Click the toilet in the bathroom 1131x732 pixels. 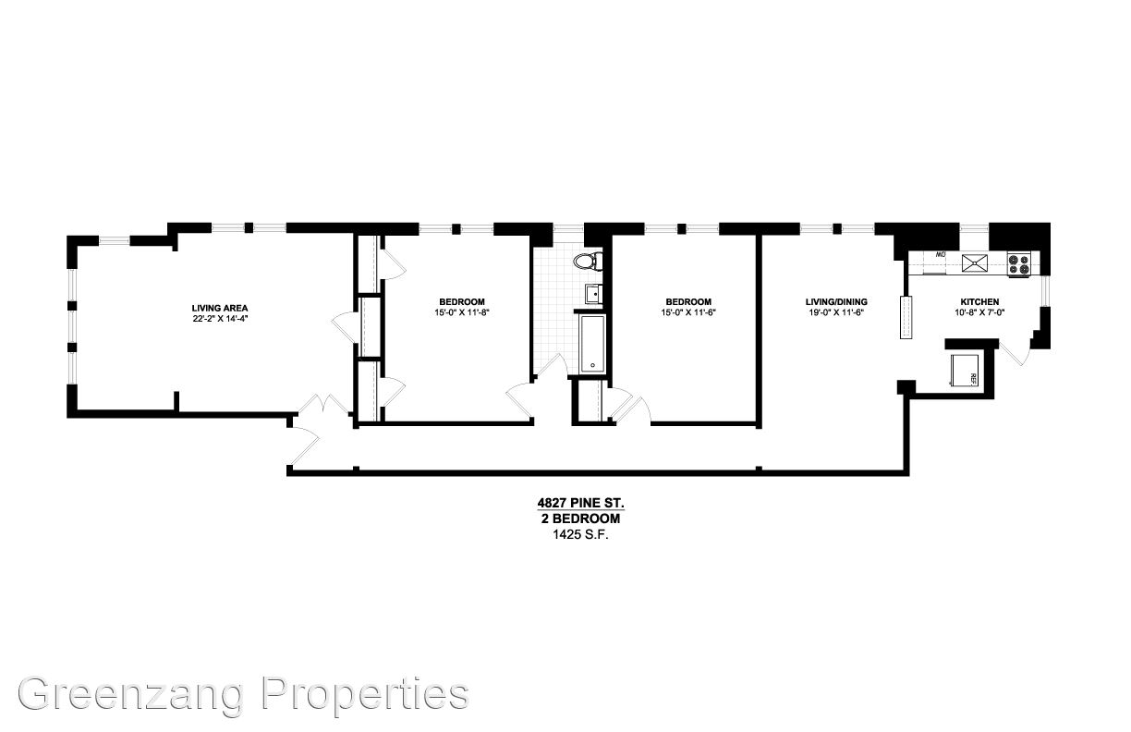[x=588, y=262]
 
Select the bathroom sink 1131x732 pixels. [x=594, y=293]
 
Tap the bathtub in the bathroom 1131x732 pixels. [x=591, y=344]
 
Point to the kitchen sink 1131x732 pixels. [x=974, y=263]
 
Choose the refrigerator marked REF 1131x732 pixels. [x=965, y=370]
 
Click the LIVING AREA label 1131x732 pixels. [x=220, y=308]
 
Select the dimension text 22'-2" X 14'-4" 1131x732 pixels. [x=221, y=319]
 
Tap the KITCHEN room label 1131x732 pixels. [x=979, y=302]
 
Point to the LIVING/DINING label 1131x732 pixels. [x=836, y=302]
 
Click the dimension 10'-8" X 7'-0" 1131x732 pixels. [x=979, y=312]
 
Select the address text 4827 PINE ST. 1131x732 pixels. [x=581, y=503]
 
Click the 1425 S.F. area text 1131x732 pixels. [x=581, y=535]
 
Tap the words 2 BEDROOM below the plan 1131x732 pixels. [x=581, y=518]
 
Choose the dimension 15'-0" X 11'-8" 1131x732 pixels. [x=462, y=312]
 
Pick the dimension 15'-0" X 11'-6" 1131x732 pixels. [x=688, y=312]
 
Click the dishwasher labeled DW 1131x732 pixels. [x=940, y=263]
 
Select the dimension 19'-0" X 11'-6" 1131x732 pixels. [x=836, y=312]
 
